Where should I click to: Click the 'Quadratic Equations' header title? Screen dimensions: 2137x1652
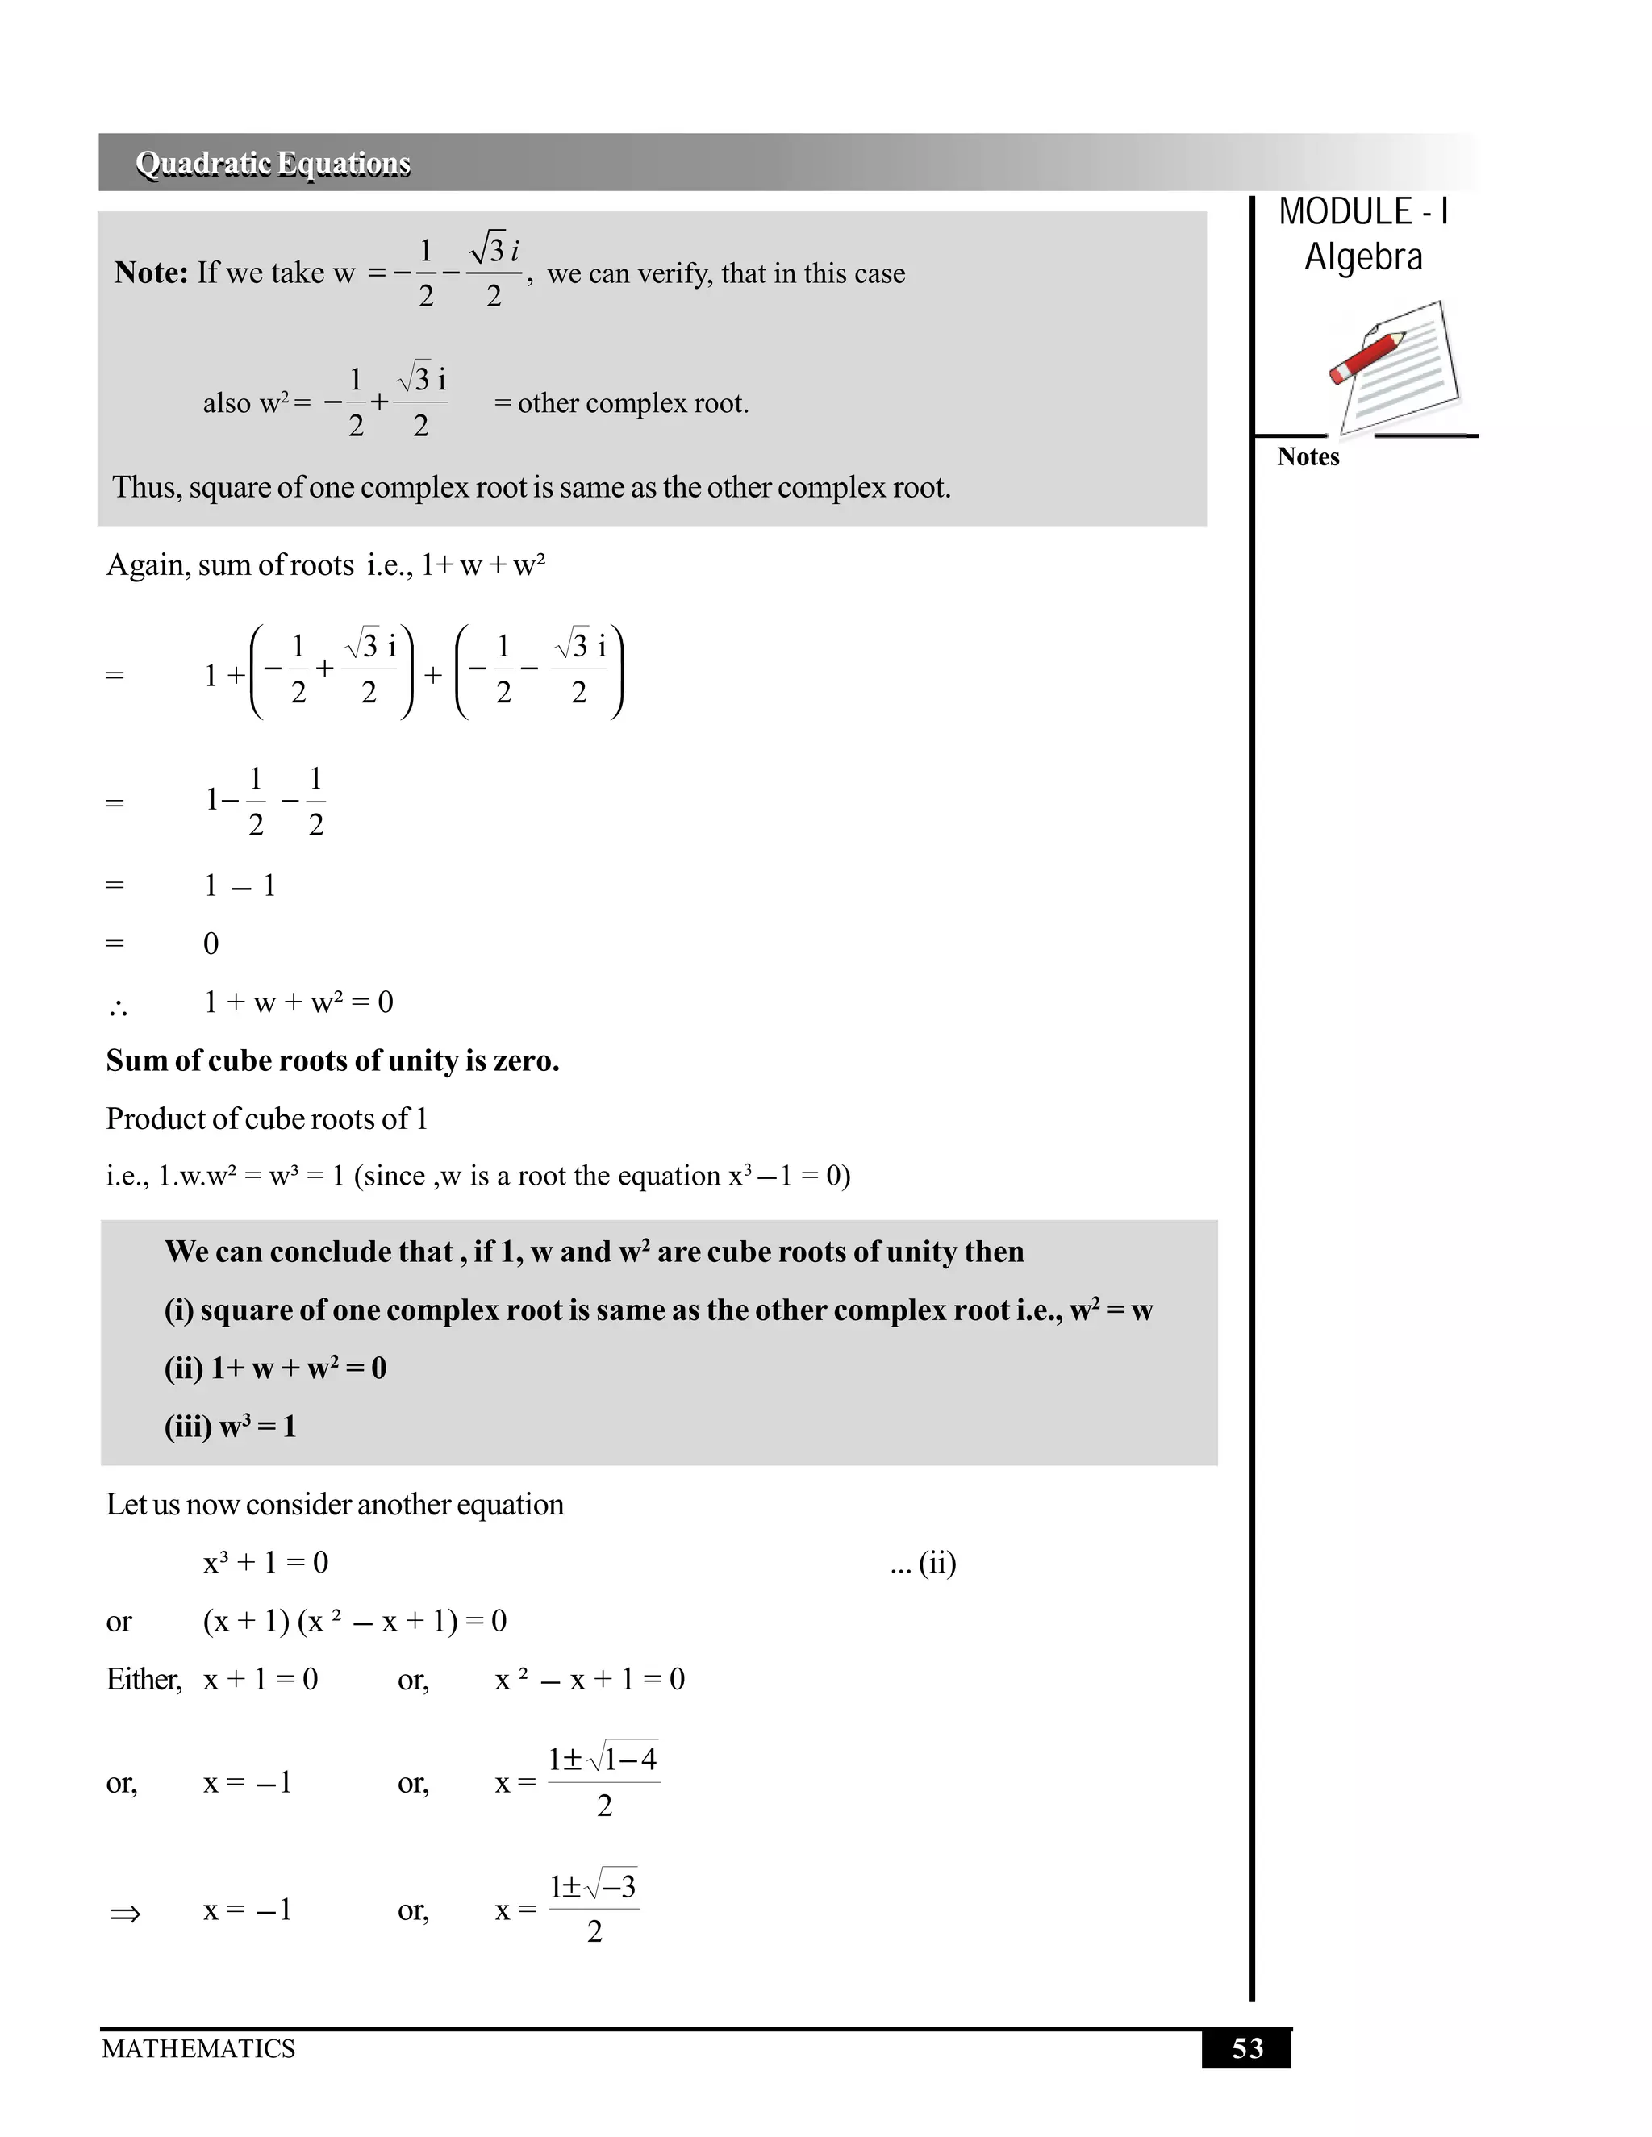tap(273, 164)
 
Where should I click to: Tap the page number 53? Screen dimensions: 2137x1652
tap(1247, 2048)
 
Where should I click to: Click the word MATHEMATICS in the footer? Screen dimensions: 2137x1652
tap(198, 2048)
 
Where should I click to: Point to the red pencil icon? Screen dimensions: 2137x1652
tap(1367, 357)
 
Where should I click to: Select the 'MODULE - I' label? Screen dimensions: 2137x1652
tap(1363, 212)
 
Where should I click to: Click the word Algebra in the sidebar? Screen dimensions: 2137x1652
tap(1363, 257)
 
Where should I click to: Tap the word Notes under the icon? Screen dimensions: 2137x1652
tap(1308, 457)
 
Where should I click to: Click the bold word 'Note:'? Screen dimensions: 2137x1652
tap(151, 273)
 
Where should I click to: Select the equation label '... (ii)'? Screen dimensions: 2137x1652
tap(923, 1563)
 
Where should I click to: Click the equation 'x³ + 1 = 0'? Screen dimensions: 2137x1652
tap(265, 1563)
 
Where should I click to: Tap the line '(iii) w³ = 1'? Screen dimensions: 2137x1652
tap(230, 1427)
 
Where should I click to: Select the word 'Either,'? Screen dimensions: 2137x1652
tap(144, 1680)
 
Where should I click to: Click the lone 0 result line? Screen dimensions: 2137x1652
tap(211, 944)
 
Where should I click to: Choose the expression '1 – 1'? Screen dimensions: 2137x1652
tap(240, 886)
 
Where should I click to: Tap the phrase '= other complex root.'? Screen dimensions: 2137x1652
tap(621, 403)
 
